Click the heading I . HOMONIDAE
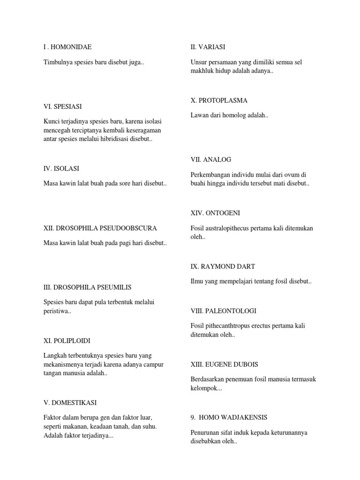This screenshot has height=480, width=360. (x=67, y=47)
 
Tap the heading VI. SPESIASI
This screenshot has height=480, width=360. (x=65, y=107)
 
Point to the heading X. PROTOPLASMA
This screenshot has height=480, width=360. (x=219, y=100)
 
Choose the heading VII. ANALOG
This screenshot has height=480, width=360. (x=211, y=160)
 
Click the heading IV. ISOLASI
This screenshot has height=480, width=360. (x=64, y=168)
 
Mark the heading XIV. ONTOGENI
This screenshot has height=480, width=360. (x=215, y=213)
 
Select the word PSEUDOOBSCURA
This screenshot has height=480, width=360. (x=129, y=228)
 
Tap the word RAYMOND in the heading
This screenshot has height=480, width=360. (x=217, y=266)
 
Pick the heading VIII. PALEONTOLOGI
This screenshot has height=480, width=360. (x=223, y=311)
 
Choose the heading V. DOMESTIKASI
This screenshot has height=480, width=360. (x=70, y=403)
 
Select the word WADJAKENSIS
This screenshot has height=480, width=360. (x=241, y=417)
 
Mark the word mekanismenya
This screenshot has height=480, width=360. (x=65, y=364)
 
